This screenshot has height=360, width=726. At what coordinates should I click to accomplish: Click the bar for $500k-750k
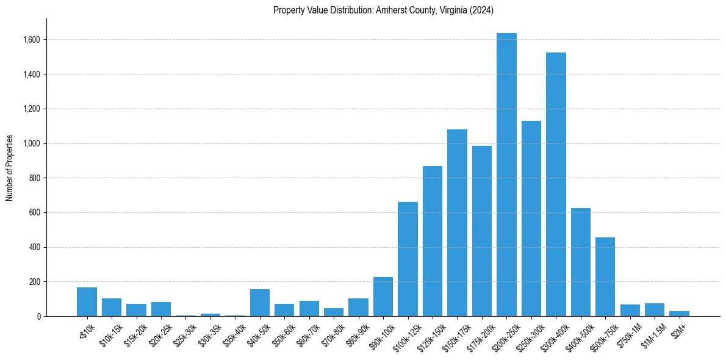point(605,277)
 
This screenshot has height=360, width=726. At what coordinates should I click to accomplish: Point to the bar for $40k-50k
point(260,303)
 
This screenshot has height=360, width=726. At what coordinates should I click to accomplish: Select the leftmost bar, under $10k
point(87,301)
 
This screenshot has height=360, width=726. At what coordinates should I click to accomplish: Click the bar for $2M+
point(679,314)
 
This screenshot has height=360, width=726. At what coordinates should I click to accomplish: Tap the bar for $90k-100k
point(383,297)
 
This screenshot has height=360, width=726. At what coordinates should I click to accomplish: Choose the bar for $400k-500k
point(581,262)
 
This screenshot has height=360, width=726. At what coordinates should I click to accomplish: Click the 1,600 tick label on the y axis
point(32,40)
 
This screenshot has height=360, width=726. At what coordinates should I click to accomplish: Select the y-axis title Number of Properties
point(10,167)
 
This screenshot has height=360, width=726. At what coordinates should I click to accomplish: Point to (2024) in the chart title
point(482,10)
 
